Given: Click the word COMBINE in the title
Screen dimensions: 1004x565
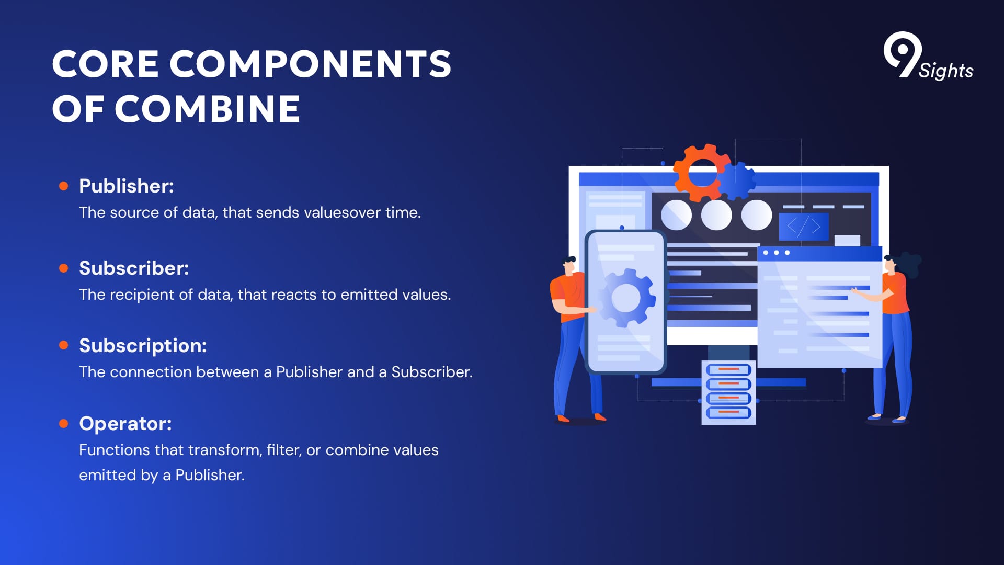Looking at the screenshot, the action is pos(207,109).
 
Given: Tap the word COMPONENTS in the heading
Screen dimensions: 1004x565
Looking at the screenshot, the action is pos(310,64).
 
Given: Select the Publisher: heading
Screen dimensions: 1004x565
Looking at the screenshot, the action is pos(127,186).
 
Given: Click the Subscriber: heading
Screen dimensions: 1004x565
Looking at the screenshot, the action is pos(134,268).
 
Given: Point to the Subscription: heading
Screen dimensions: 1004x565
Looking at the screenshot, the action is pos(143,346).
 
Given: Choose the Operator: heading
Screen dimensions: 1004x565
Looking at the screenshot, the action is pos(125,423).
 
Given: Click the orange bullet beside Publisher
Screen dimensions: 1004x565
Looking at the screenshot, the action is pos(64,186).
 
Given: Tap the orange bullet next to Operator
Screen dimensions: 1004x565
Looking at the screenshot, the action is pos(64,423).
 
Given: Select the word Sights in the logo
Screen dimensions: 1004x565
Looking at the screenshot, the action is pos(946,71).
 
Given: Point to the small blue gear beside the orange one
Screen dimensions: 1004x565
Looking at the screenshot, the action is pos(738,181).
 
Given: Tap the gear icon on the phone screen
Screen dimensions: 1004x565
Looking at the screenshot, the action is pos(625,298).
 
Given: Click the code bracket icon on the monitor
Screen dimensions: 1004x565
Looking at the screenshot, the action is pos(804,227).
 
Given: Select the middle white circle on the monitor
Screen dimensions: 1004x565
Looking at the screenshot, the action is pos(716,215).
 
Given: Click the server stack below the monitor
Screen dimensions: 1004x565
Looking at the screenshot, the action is pos(728,392).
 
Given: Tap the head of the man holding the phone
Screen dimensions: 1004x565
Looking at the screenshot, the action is pos(568,265).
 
